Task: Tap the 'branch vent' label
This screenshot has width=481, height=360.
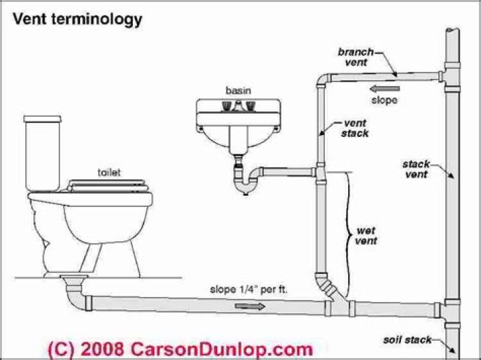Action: coord(356,55)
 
